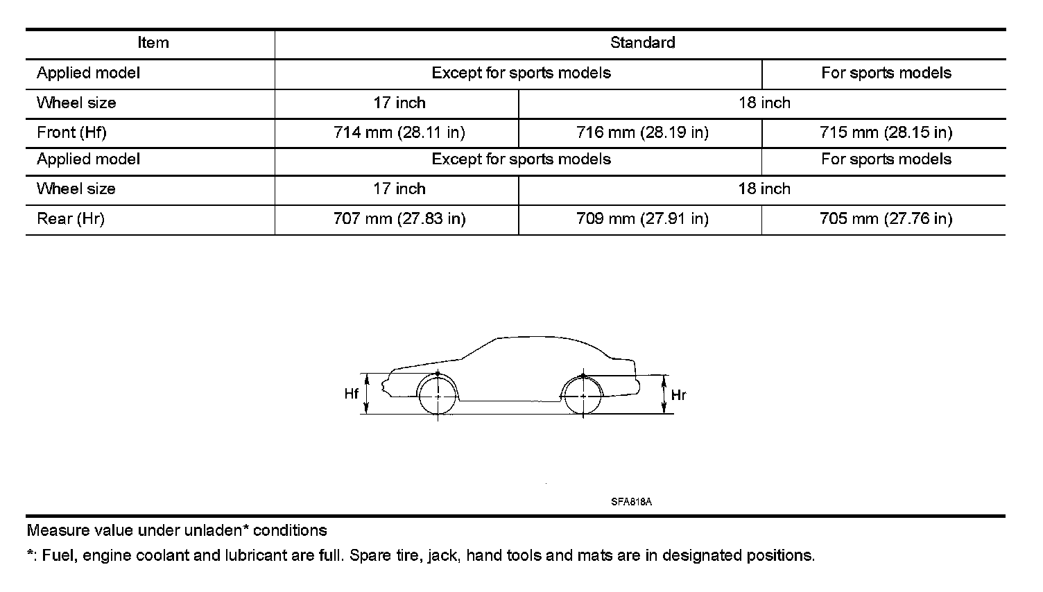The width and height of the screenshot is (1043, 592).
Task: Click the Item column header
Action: point(153,43)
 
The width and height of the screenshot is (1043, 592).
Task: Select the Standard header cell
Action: point(642,43)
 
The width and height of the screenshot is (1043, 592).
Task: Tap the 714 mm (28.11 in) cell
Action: point(399,132)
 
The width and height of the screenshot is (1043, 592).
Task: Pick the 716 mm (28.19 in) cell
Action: point(642,132)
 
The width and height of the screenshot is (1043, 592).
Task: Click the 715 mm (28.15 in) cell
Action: point(886,132)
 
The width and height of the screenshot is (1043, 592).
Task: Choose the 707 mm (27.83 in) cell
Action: point(399,219)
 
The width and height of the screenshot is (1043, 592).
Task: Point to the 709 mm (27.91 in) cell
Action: point(642,219)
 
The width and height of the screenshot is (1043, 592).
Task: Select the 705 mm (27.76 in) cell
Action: point(886,219)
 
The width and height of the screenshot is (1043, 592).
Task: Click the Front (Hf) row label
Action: point(71,132)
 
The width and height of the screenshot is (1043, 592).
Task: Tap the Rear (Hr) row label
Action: point(70,219)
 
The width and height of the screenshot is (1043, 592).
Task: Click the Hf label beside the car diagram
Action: point(352,394)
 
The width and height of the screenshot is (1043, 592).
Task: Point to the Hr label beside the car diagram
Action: point(678,395)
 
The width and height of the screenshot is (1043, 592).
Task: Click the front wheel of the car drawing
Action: point(438,395)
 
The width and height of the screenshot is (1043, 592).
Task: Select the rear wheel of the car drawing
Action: point(583,396)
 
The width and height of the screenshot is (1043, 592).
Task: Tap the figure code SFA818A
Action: point(631,502)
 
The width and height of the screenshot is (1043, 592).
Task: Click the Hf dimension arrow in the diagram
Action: point(367,394)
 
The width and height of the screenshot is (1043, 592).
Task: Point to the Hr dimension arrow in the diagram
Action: point(664,394)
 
